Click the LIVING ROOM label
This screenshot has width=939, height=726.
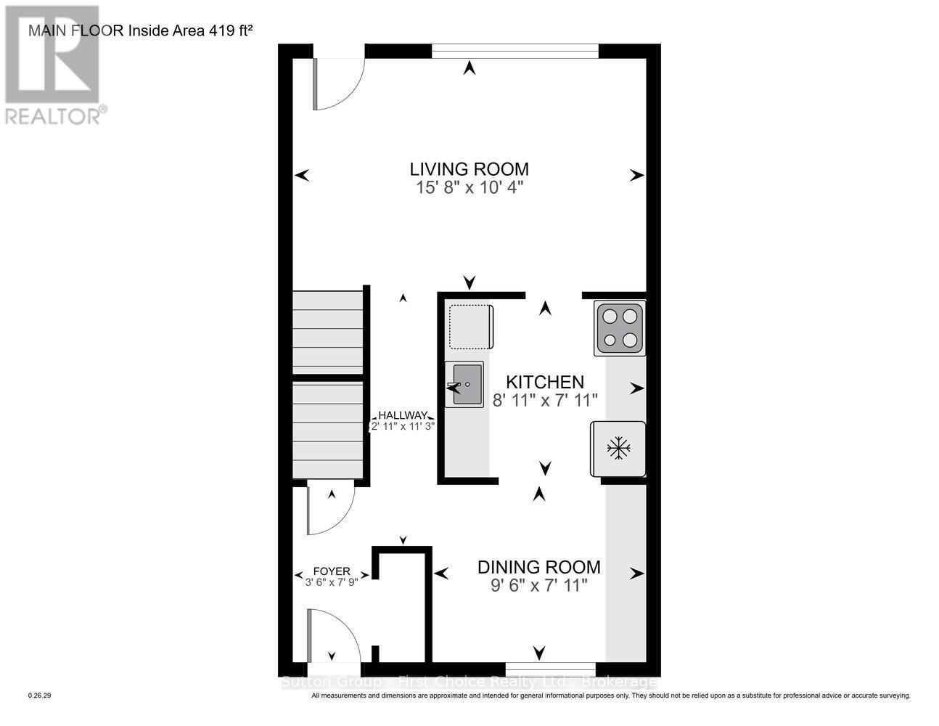(469, 169)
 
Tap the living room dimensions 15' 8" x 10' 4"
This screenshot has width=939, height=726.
(469, 187)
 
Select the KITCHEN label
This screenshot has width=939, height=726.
(544, 382)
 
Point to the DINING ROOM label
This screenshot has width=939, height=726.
(538, 567)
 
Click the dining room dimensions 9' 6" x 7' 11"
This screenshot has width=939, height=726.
(538, 585)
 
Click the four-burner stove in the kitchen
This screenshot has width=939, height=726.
(619, 328)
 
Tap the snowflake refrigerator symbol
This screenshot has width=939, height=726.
(618, 448)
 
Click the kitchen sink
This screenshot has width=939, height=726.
(464, 384)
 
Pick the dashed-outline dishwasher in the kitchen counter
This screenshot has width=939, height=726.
(470, 327)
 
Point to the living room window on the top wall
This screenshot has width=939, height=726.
(515, 51)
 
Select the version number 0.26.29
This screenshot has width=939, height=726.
(40, 696)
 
